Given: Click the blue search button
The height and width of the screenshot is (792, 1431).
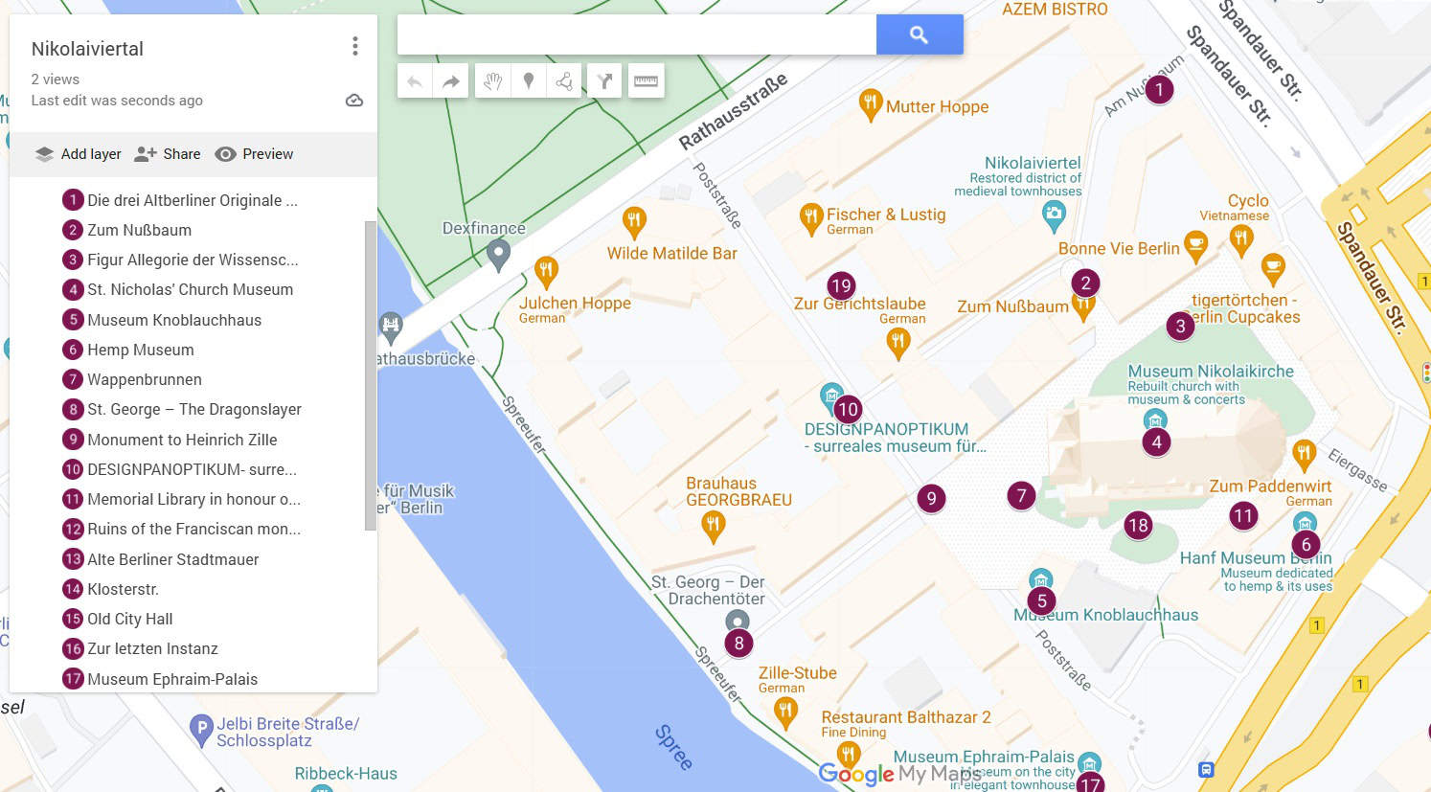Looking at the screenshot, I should pyautogui.click(x=919, y=34).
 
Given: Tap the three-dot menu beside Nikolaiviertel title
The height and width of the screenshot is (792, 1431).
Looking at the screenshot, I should pyautogui.click(x=355, y=46).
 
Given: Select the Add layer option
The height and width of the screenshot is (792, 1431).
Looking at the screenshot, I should pyautogui.click(x=79, y=154).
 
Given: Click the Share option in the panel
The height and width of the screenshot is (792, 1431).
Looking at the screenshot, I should pyautogui.click(x=168, y=154).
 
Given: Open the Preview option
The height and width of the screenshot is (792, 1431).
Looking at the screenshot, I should pyautogui.click(x=255, y=154).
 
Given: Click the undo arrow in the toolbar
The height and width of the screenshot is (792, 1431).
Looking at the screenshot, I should pyautogui.click(x=415, y=81).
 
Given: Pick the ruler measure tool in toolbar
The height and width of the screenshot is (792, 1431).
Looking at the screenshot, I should pyautogui.click(x=646, y=81).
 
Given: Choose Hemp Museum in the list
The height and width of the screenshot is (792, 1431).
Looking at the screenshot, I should pyautogui.click(x=140, y=350).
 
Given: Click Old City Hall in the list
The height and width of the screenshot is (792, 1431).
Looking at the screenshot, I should pyautogui.click(x=129, y=619).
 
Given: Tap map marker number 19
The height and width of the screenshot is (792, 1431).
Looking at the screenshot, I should pyautogui.click(x=841, y=285).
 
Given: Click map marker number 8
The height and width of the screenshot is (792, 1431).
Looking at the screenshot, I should pyautogui.click(x=738, y=643).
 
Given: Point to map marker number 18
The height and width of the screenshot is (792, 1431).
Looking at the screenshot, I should pyautogui.click(x=1138, y=525).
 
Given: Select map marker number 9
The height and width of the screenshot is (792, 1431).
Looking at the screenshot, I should pyautogui.click(x=931, y=498).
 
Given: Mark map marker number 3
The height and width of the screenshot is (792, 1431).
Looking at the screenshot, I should pyautogui.click(x=1180, y=326).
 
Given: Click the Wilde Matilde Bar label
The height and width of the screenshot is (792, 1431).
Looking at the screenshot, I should pyautogui.click(x=671, y=254).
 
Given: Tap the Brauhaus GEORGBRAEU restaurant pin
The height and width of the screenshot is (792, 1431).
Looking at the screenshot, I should pyautogui.click(x=713, y=525).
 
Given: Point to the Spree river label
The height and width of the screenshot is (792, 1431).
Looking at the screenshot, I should pyautogui.click(x=673, y=747).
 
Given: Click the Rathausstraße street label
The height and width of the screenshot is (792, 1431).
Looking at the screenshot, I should pyautogui.click(x=733, y=112).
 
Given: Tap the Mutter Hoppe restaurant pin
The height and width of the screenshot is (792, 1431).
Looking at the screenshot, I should pyautogui.click(x=870, y=104).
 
